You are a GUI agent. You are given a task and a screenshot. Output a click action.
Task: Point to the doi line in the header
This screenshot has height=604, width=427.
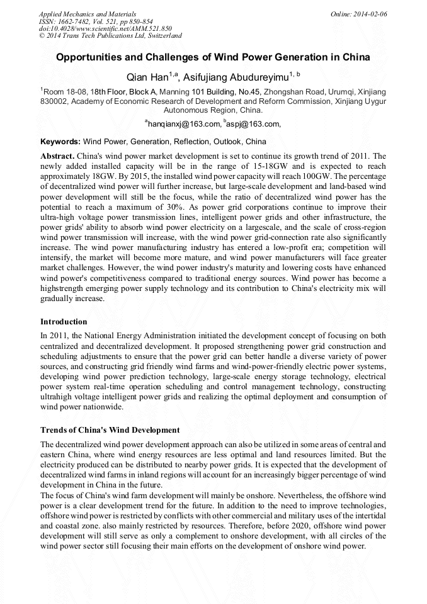pyautogui.click(x=105, y=28)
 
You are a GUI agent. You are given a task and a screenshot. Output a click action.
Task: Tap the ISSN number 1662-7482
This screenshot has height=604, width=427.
pyautogui.click(x=79, y=21)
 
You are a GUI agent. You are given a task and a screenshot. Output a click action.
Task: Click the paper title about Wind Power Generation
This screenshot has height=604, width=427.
pyautogui.click(x=213, y=57)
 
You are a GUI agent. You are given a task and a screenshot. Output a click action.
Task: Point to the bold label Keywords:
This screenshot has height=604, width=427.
pyautogui.click(x=60, y=142)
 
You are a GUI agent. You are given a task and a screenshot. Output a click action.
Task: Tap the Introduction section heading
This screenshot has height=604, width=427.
pyautogui.click(x=64, y=322)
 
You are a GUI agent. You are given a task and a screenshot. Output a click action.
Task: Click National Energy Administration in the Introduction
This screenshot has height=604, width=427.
pyautogui.click(x=144, y=336)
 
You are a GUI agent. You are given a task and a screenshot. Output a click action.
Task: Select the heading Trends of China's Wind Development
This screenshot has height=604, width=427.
pyautogui.click(x=110, y=430)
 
